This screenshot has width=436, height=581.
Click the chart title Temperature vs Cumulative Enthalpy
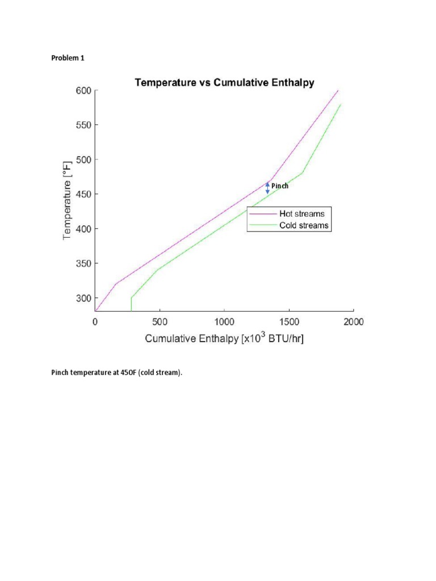(x=224, y=83)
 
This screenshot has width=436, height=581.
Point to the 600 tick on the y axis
(x=83, y=91)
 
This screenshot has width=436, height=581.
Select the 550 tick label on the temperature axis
(x=83, y=125)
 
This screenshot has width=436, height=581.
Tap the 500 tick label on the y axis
(x=83, y=160)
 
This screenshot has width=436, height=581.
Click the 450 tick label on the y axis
(x=83, y=195)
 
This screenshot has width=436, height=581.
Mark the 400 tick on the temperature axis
(x=83, y=229)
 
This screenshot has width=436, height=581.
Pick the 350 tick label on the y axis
(x=83, y=264)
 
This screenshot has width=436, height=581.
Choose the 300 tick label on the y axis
(x=83, y=298)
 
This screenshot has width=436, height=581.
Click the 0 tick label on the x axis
(x=95, y=322)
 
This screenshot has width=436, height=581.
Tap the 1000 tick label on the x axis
(x=224, y=322)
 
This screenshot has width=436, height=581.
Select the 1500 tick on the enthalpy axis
(x=289, y=322)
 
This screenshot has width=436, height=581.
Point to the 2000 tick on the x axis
(x=353, y=322)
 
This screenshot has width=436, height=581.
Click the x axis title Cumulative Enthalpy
(x=224, y=339)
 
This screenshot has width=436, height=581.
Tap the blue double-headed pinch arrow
(x=268, y=188)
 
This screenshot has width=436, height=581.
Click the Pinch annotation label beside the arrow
(x=280, y=186)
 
